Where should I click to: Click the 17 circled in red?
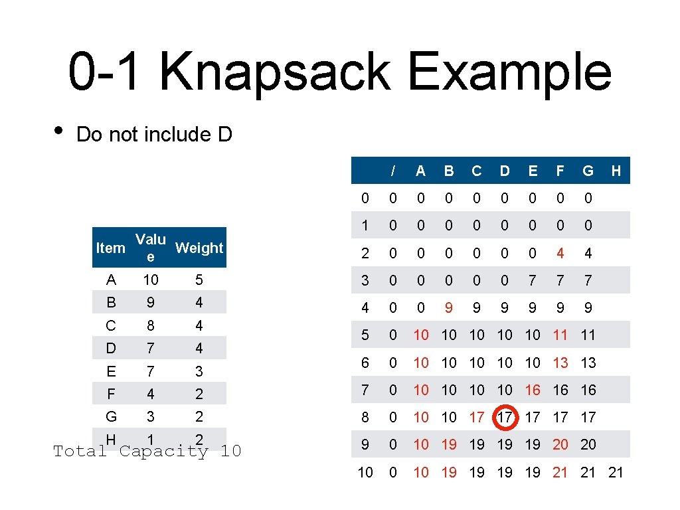(x=505, y=418)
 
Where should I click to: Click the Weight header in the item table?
(x=199, y=248)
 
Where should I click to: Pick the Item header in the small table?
(x=110, y=248)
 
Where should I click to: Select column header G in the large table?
(x=588, y=171)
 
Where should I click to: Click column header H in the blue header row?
(x=616, y=171)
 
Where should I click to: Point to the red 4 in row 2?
(x=560, y=253)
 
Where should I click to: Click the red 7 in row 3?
(x=533, y=280)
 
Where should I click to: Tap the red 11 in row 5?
(x=560, y=335)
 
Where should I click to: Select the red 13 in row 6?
(x=560, y=363)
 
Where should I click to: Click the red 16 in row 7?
(x=533, y=390)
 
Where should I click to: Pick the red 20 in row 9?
(x=560, y=444)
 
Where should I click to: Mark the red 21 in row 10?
(x=560, y=472)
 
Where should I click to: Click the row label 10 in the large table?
(x=365, y=472)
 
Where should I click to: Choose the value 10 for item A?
(x=151, y=280)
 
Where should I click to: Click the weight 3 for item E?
(x=199, y=371)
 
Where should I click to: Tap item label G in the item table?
(x=111, y=416)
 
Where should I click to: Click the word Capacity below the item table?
(x=164, y=452)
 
